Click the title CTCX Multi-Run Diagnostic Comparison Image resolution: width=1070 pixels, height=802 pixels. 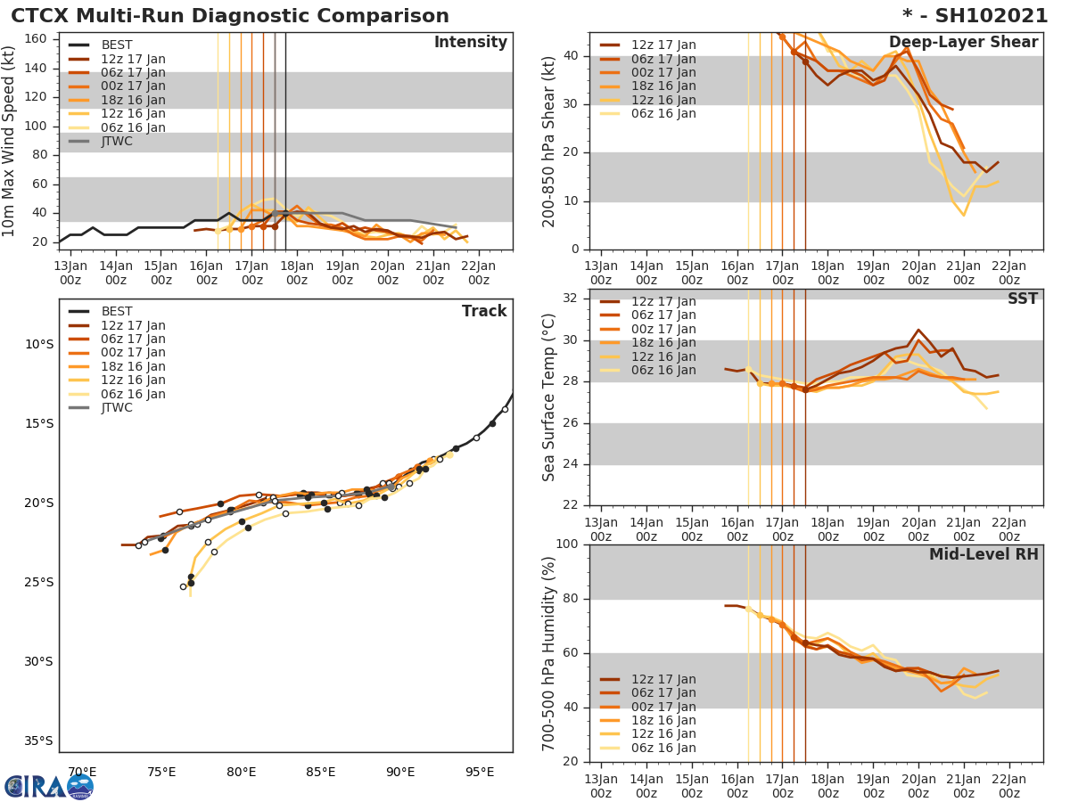tap(230, 16)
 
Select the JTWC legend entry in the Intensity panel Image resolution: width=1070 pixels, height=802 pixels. tap(117, 142)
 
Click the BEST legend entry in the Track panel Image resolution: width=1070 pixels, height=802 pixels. tap(117, 312)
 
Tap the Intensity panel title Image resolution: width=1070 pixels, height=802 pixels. tap(470, 43)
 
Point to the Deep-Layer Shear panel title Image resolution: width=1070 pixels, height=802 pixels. tap(963, 43)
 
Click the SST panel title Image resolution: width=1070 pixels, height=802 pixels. tap(1022, 299)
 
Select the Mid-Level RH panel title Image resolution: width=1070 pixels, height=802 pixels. tap(983, 554)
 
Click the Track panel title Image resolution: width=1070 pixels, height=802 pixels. tap(483, 311)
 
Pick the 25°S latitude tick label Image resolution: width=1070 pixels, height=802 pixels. tap(39, 583)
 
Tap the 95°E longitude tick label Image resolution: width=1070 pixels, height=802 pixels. tap(480, 772)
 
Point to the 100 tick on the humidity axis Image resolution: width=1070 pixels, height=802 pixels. tap(566, 544)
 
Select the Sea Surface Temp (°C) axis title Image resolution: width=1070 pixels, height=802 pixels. tap(549, 397)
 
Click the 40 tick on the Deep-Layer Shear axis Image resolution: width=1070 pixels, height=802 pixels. tap(571, 56)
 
